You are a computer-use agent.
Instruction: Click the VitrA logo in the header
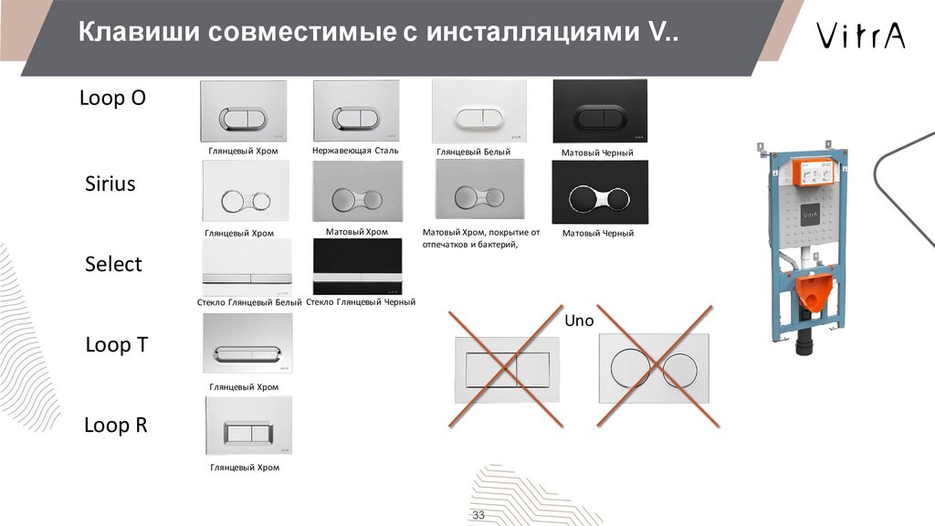pyautogui.click(x=860, y=36)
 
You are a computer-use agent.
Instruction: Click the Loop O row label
pyautogui.click(x=112, y=97)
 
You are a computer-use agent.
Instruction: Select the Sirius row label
pyautogui.click(x=110, y=183)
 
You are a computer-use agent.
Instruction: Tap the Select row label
pyautogui.click(x=113, y=264)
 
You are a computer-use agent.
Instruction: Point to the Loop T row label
pyautogui.click(x=116, y=344)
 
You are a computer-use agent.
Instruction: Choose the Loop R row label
pyautogui.click(x=116, y=425)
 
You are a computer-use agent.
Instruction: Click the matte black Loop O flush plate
pyautogui.click(x=600, y=111)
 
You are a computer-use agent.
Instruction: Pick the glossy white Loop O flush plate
pyautogui.click(x=479, y=111)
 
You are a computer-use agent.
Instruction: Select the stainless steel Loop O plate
pyautogui.click(x=356, y=110)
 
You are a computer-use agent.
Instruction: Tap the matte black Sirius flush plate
pyautogui.click(x=600, y=192)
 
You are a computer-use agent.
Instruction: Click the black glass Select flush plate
pyautogui.click(x=358, y=267)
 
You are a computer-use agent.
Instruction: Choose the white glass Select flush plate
pyautogui.click(x=247, y=268)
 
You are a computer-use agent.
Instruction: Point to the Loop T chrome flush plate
pyautogui.click(x=247, y=344)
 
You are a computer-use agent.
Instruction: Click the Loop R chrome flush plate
pyautogui.click(x=248, y=426)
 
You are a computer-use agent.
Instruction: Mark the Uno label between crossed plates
pyautogui.click(x=579, y=321)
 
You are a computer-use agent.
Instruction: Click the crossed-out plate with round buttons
pyautogui.click(x=654, y=368)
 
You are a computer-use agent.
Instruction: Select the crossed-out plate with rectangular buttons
pyautogui.click(x=508, y=370)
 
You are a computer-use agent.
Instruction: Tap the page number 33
pyautogui.click(x=478, y=515)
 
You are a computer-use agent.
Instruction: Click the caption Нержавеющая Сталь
pyautogui.click(x=355, y=151)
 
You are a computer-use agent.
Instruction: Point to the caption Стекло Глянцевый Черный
pyautogui.click(x=361, y=301)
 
